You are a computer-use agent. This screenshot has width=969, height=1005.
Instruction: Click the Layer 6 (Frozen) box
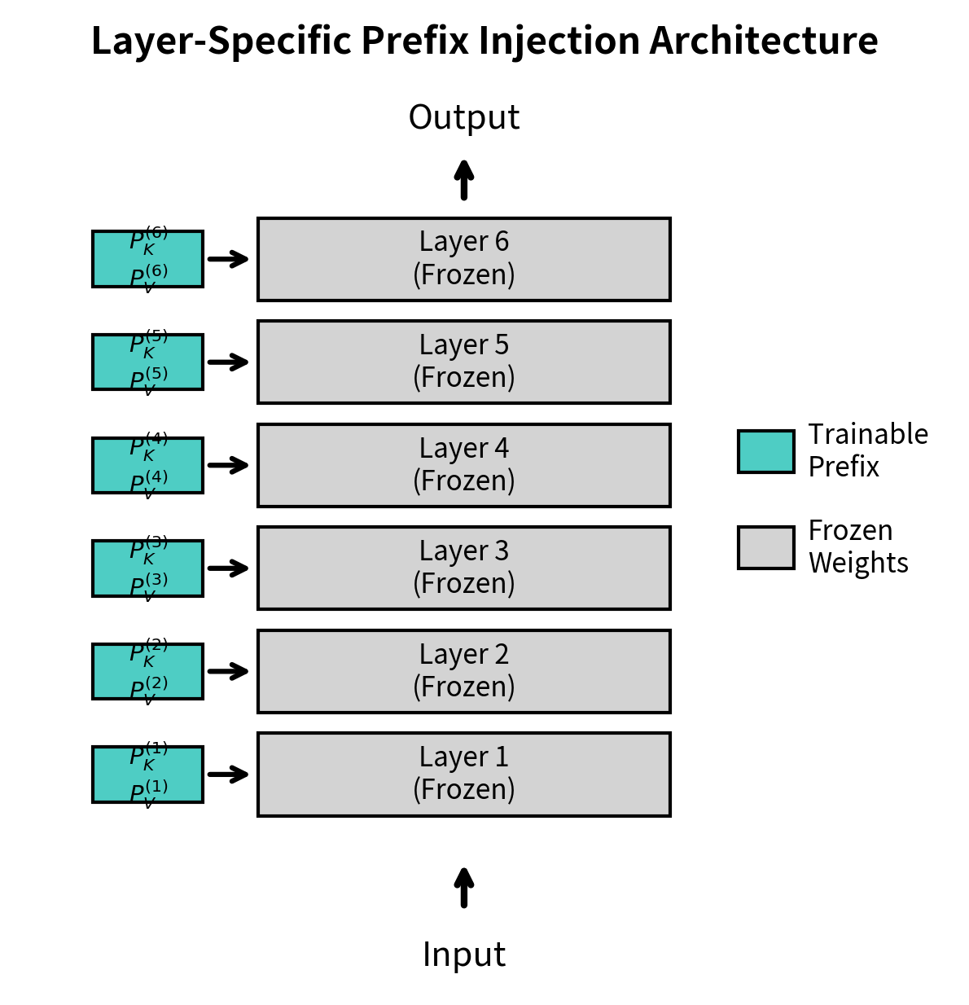click(x=463, y=259)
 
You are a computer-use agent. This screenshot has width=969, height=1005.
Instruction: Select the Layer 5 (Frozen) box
click(x=463, y=362)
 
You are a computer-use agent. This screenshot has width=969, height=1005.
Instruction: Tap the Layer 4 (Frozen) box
click(x=463, y=465)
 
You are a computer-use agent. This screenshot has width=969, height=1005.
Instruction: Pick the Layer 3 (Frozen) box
click(x=463, y=568)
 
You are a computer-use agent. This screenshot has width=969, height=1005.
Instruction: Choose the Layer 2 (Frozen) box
click(x=463, y=671)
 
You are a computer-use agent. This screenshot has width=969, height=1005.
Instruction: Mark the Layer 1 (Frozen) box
click(x=463, y=774)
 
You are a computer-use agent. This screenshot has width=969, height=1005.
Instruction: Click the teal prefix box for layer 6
click(x=147, y=259)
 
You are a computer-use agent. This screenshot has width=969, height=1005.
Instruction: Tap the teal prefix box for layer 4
click(x=147, y=465)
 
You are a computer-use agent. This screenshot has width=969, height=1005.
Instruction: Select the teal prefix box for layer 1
click(x=147, y=774)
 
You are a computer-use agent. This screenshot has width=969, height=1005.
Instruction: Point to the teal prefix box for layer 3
click(x=147, y=568)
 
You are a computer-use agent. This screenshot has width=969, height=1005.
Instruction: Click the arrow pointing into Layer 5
click(x=228, y=362)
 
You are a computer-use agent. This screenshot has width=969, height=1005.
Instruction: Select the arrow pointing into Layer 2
click(x=228, y=671)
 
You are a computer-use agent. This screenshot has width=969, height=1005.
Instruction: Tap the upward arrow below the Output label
click(x=463, y=180)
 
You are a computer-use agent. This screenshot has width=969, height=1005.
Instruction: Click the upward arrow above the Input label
click(x=463, y=888)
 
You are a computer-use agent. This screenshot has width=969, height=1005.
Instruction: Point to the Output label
click(x=463, y=117)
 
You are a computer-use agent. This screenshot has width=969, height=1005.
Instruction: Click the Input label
click(x=463, y=954)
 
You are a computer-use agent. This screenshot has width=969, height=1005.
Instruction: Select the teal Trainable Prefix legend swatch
click(x=765, y=451)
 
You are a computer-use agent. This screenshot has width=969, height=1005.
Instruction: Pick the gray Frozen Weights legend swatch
click(x=765, y=547)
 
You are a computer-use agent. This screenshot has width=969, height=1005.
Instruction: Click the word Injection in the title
click(x=559, y=41)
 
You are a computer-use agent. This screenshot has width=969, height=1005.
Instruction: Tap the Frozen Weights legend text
click(x=857, y=546)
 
